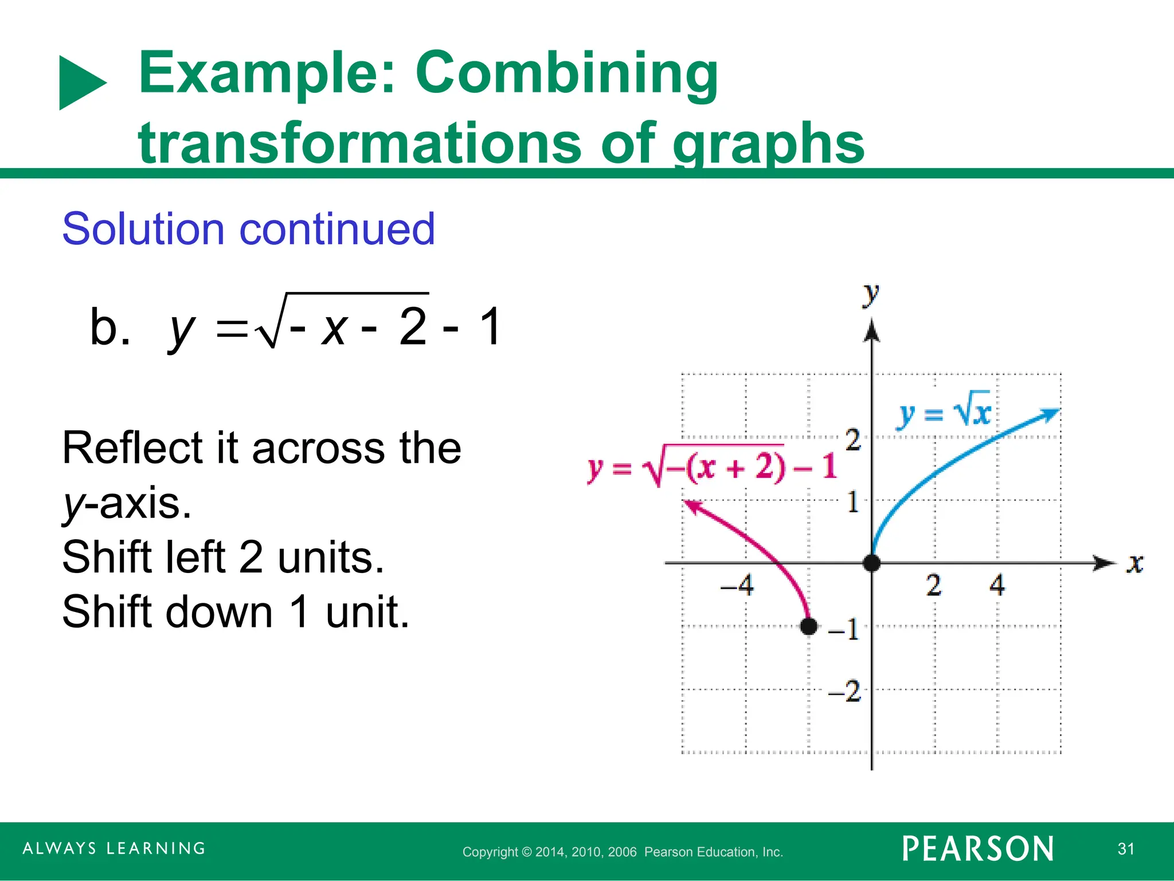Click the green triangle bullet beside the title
click(x=81, y=83)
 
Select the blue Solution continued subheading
click(x=248, y=229)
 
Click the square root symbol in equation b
click(x=269, y=326)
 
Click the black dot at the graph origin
click(x=871, y=563)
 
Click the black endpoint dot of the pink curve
click(x=808, y=626)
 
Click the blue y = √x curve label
click(x=945, y=411)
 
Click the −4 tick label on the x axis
click(x=737, y=586)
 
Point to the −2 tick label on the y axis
click(x=845, y=691)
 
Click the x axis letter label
click(x=1134, y=563)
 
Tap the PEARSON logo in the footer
click(x=977, y=849)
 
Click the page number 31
click(x=1125, y=849)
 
